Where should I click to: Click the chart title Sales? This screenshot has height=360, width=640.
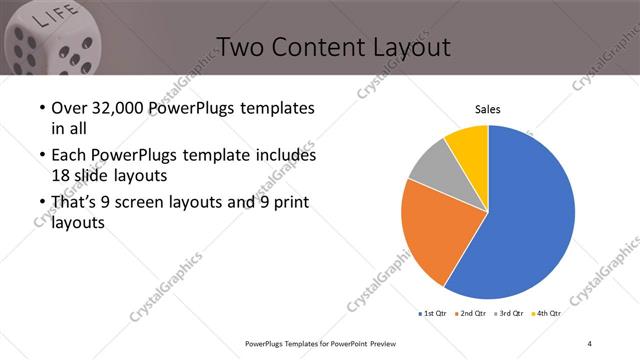click(x=487, y=110)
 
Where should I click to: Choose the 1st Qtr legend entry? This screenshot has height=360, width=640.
click(x=433, y=313)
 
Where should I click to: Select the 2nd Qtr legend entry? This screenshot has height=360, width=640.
click(x=473, y=313)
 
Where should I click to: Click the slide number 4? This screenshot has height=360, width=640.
click(x=589, y=343)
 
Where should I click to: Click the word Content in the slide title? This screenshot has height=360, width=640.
click(x=312, y=47)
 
